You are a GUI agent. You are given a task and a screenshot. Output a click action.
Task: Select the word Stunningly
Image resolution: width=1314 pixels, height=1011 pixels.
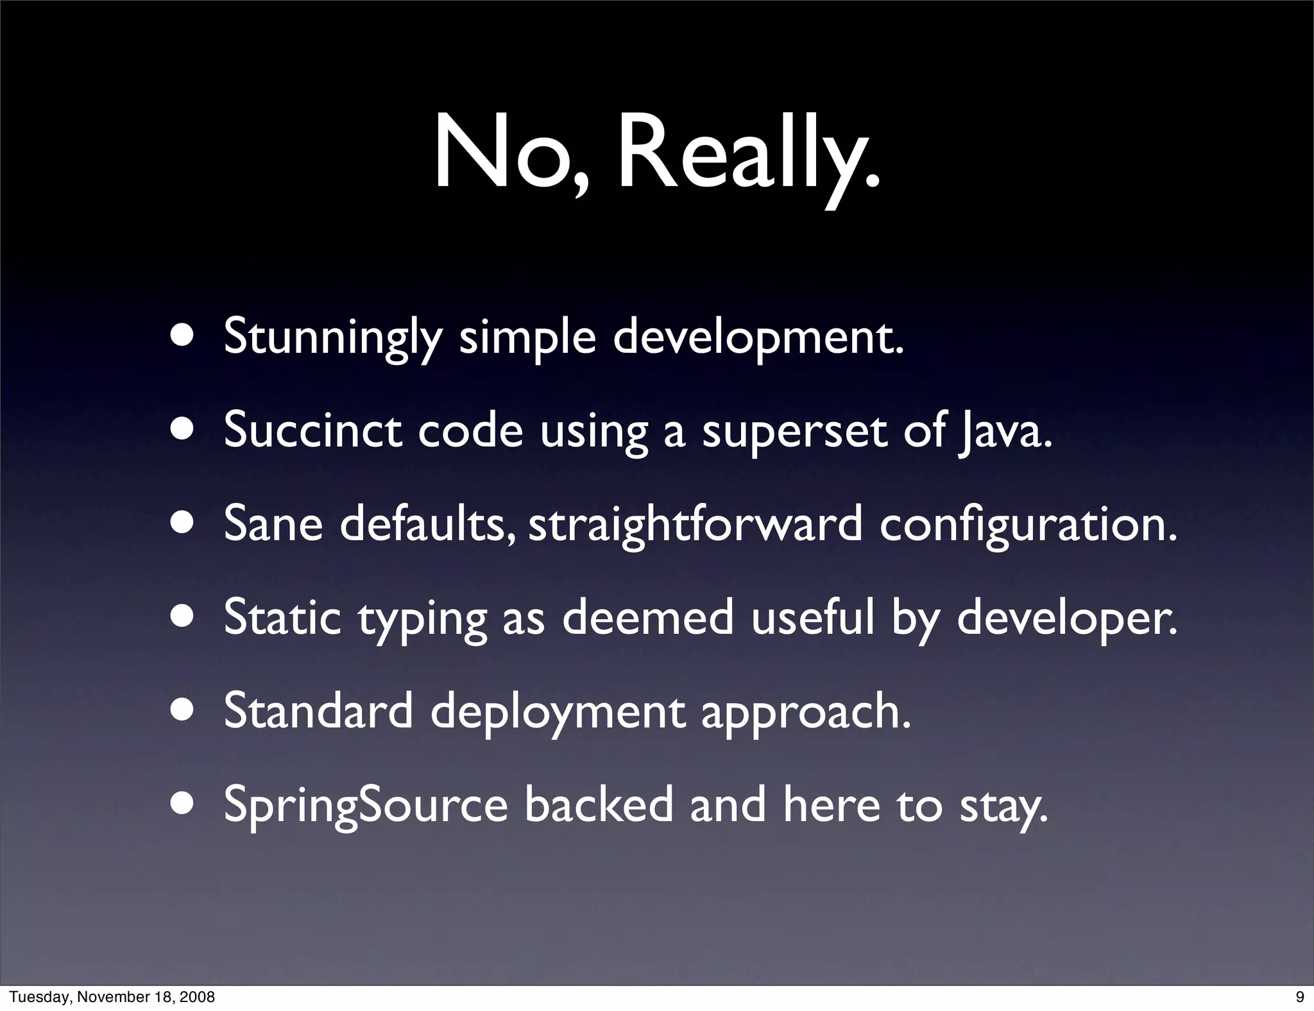click(333, 337)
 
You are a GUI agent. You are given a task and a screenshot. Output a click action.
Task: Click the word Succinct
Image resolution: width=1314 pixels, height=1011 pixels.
click(312, 430)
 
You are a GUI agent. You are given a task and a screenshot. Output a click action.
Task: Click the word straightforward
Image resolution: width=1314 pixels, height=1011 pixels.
click(695, 525)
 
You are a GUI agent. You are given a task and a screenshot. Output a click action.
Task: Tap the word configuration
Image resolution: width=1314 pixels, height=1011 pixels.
click(1028, 525)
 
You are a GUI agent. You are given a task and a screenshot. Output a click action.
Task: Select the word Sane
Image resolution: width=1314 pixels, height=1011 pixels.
click(273, 524)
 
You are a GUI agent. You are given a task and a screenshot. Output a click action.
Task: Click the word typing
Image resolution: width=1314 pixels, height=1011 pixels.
click(422, 620)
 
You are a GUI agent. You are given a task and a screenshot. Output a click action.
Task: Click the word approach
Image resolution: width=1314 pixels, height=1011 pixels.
click(806, 713)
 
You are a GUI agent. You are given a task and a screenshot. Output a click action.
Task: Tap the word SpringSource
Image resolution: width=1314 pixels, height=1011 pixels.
click(366, 806)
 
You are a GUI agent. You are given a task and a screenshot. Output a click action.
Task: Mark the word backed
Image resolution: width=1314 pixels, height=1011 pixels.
click(599, 805)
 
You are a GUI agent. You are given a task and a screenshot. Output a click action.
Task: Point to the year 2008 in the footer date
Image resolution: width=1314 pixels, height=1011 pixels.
click(198, 997)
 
